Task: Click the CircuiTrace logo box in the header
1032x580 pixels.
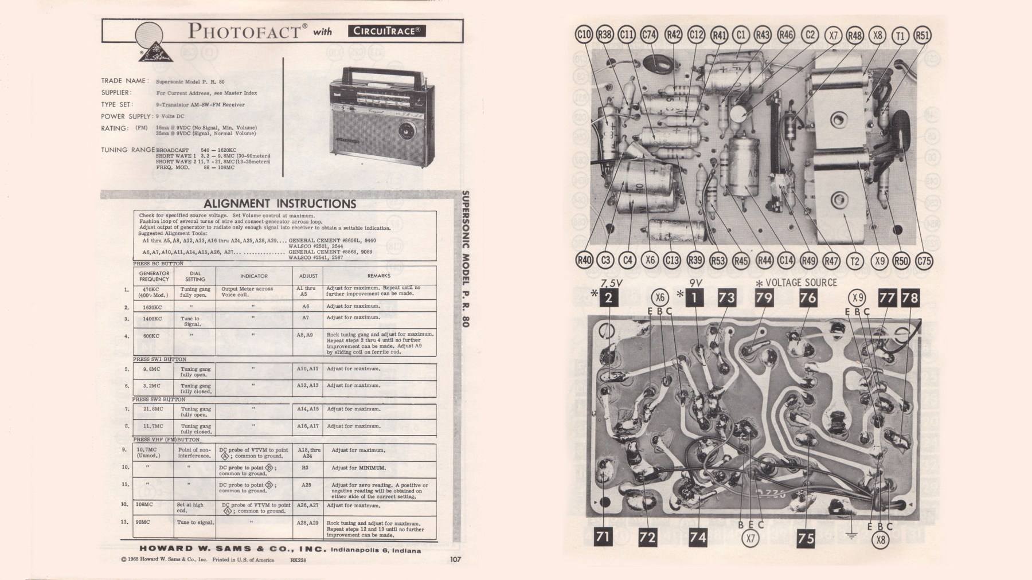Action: click(x=386, y=31)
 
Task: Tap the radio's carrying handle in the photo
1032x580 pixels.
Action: click(x=379, y=73)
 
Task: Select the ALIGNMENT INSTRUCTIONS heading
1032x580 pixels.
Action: click(x=280, y=203)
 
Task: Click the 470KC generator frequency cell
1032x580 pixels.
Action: click(x=154, y=292)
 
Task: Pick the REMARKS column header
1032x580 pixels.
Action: click(x=378, y=276)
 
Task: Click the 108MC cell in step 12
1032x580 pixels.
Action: click(x=144, y=504)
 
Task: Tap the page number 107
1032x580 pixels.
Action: click(x=455, y=559)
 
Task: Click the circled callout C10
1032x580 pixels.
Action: click(x=583, y=34)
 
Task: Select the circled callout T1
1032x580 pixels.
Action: click(x=900, y=36)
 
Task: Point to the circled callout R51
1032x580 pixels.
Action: click(x=922, y=35)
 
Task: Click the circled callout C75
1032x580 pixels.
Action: click(x=924, y=261)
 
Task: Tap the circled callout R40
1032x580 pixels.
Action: click(x=584, y=260)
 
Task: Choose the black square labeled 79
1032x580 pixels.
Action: click(x=764, y=297)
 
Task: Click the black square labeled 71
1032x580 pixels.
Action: click(x=602, y=537)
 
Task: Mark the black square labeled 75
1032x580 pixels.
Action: click(x=806, y=538)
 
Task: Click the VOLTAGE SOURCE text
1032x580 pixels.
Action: click(x=800, y=283)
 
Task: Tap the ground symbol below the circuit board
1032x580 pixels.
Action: click(x=851, y=536)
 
